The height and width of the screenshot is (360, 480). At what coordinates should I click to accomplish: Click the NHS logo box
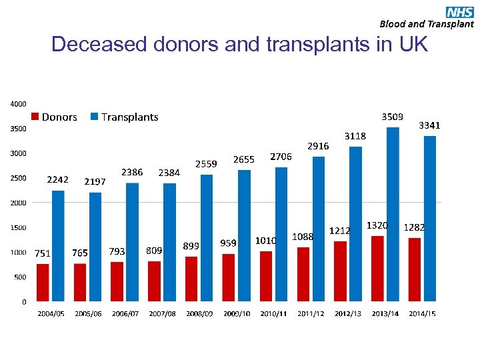coord(459,11)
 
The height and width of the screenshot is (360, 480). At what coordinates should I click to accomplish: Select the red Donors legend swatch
coord(35,117)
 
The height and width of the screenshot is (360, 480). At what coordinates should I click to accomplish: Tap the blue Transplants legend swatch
coord(94,117)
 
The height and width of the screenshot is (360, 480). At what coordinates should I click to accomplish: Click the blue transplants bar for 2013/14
coord(393,213)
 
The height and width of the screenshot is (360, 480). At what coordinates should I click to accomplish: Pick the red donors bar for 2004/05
coord(43,282)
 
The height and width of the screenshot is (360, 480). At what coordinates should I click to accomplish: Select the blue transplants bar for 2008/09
coord(207,237)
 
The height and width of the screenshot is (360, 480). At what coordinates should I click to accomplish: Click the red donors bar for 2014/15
coord(415,269)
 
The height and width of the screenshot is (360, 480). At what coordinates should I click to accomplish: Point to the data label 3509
coord(391,116)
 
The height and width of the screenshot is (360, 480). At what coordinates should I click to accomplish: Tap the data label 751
coord(43,253)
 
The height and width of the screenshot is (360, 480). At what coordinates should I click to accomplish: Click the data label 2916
coord(317,145)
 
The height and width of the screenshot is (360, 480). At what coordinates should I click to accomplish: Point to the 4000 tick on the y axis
coord(18,104)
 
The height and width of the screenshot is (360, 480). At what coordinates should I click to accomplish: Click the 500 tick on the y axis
coord(19,277)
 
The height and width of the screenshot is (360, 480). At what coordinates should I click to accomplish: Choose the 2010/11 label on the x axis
coord(273,313)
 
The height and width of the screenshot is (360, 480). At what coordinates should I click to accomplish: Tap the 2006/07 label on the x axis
coord(125,313)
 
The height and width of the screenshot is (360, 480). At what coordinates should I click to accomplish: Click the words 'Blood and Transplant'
coord(427,24)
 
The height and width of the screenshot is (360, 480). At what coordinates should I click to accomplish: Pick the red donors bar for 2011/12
coord(303,274)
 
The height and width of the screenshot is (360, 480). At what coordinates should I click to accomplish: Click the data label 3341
coord(429,125)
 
